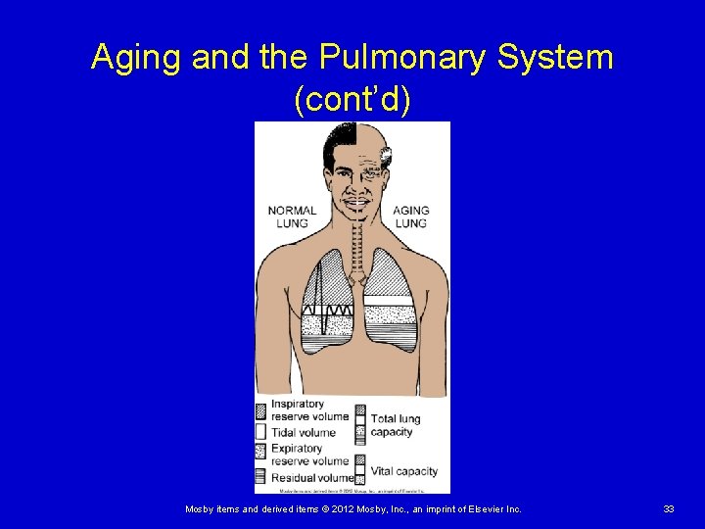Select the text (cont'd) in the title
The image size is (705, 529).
coord(352,99)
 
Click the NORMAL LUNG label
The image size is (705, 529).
coord(292,216)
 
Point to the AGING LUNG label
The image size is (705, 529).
coord(410,216)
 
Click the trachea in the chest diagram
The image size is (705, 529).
coord(357,235)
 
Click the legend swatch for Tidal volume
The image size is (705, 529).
coord(261,431)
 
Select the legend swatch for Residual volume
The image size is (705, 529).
coord(261,477)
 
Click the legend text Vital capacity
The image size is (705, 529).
coord(403,471)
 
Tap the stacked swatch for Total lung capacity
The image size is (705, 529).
coord(360,423)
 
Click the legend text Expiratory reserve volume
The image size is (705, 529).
coord(309,455)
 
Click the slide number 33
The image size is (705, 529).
coord(669,509)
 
